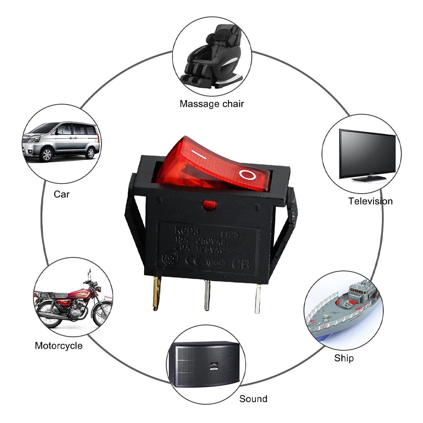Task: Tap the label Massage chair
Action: coord(211,104)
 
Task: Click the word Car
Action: coord(61,195)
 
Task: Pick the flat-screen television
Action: coord(367,155)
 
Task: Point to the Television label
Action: coord(371,201)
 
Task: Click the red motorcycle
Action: coord(72,301)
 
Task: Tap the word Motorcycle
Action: coord(58,346)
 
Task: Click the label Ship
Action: coord(343,358)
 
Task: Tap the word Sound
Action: coord(253,398)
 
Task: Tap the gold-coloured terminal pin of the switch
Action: coord(157,292)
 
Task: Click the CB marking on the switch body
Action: coord(242,265)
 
